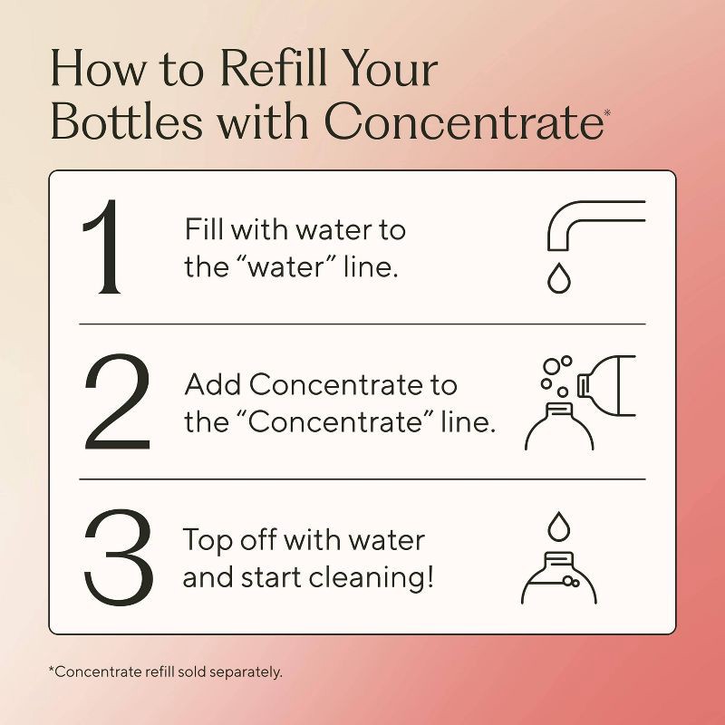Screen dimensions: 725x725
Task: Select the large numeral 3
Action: (x=116, y=557)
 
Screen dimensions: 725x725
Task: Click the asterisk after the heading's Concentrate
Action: (x=607, y=111)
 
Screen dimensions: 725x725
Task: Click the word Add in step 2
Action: (x=213, y=385)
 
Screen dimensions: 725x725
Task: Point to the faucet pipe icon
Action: (x=589, y=222)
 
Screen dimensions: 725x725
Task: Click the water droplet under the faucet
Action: (x=556, y=279)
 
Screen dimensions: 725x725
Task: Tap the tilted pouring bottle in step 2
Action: (x=616, y=381)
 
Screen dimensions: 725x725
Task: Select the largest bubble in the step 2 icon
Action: (x=550, y=367)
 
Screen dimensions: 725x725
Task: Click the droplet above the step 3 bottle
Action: (x=556, y=525)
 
